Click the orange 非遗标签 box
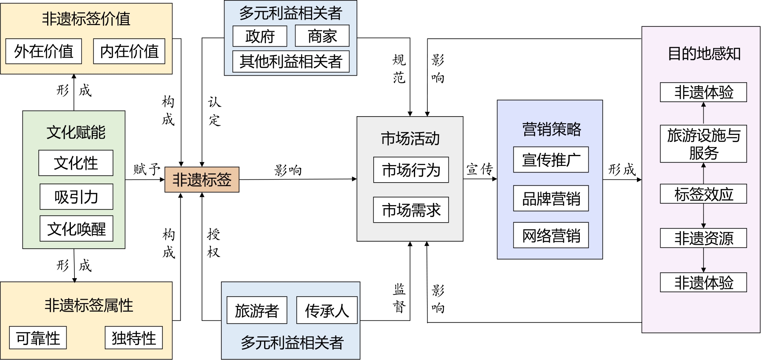(x=202, y=180)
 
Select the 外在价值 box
(x=44, y=51)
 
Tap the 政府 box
(x=260, y=36)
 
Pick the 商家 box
(x=322, y=36)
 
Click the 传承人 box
(x=327, y=311)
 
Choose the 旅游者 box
(x=257, y=311)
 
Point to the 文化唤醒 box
(x=77, y=228)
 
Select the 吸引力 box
(x=77, y=197)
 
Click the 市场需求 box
(x=411, y=210)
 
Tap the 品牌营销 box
(x=551, y=198)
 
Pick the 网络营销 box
(x=551, y=235)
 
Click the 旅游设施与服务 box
(x=703, y=144)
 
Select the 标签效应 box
(x=703, y=194)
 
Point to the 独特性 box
(x=134, y=338)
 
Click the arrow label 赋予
(x=147, y=169)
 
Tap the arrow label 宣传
(x=479, y=169)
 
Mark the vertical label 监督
(x=399, y=298)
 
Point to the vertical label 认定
(x=214, y=111)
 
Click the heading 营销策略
(x=552, y=129)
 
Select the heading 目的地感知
(x=704, y=54)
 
